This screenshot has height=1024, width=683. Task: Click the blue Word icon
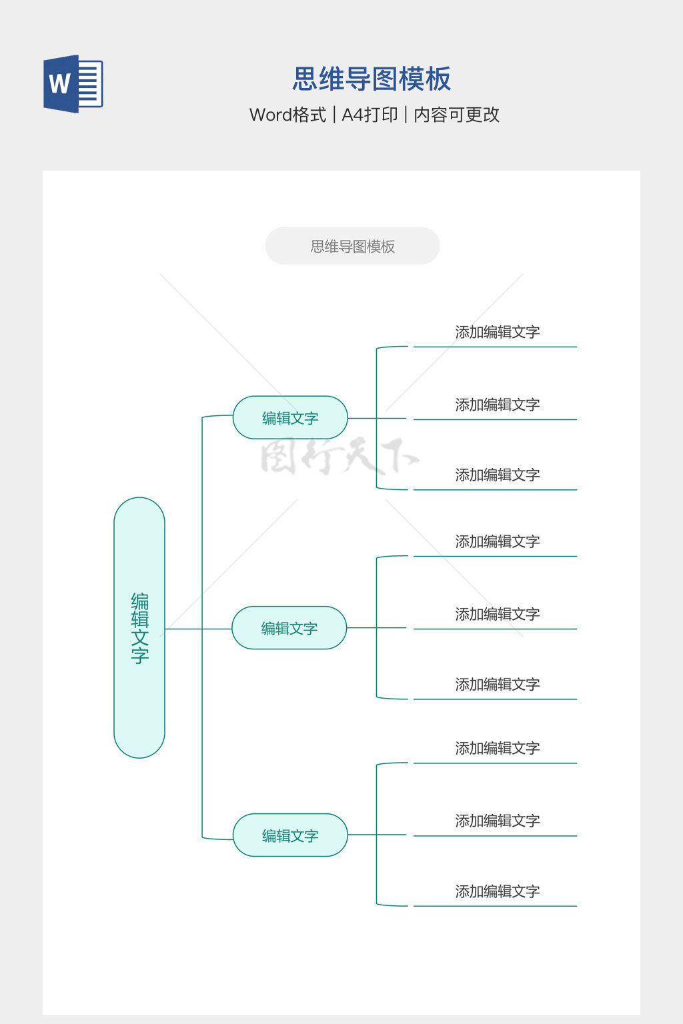(73, 84)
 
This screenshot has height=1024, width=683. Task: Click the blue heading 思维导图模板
(372, 79)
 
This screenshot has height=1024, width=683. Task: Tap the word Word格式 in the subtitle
(287, 115)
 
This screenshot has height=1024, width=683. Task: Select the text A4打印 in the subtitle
(370, 115)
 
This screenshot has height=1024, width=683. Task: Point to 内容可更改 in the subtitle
(456, 115)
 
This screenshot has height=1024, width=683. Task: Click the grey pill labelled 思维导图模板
(352, 246)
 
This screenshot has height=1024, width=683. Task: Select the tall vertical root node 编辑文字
(139, 627)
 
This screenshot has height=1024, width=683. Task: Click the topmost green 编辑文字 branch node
(290, 418)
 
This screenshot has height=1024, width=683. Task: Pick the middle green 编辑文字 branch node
(289, 628)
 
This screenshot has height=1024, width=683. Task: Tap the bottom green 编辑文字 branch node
(290, 835)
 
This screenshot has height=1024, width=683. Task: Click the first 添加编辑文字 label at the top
(497, 332)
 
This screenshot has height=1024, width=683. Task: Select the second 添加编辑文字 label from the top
(497, 405)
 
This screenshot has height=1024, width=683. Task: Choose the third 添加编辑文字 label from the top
(497, 475)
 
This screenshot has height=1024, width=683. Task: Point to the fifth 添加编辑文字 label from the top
(497, 614)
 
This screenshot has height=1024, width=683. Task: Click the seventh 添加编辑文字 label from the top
(497, 748)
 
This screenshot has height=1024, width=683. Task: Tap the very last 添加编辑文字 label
(497, 891)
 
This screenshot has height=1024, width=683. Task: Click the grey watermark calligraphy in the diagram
(339, 457)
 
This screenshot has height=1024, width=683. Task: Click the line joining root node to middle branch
(198, 629)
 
